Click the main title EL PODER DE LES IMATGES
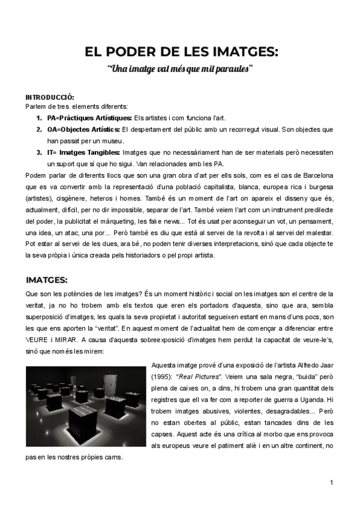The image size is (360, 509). tap(182, 52)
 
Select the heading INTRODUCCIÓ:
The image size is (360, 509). tap(50, 97)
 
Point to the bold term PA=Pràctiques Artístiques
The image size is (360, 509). tap(89, 118)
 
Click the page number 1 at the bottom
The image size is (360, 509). tap(331, 483)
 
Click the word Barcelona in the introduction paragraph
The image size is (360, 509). tap(315, 175)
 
